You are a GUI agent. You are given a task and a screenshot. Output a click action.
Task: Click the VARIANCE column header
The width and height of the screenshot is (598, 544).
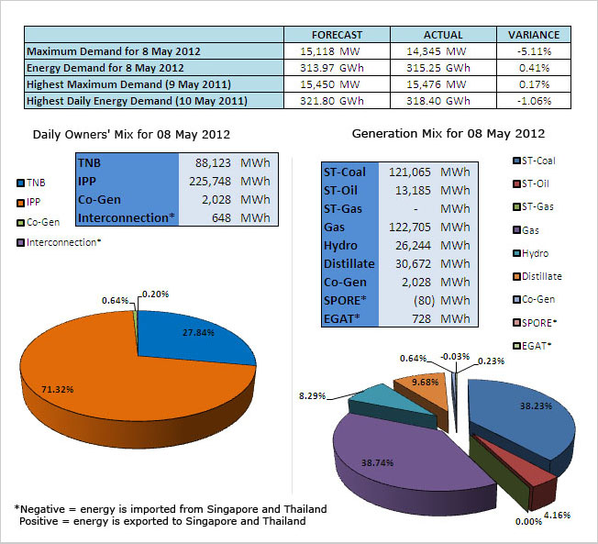click(x=534, y=34)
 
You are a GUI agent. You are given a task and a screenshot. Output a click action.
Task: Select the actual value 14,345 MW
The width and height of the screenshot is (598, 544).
click(x=431, y=50)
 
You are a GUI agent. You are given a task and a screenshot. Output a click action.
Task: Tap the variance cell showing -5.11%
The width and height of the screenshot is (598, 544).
click(x=534, y=50)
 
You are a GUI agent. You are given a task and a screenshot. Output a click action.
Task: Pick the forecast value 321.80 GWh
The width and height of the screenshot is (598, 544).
click(x=338, y=100)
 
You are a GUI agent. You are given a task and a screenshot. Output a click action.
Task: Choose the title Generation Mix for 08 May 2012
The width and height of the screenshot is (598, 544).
click(x=448, y=134)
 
